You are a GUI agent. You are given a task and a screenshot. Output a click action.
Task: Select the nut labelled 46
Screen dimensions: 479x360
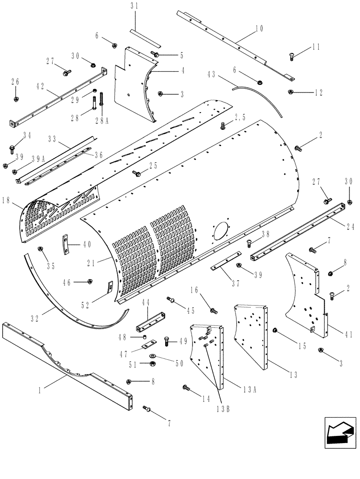(90, 282)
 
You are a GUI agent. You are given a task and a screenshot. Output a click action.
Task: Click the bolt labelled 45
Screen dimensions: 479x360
(171, 300)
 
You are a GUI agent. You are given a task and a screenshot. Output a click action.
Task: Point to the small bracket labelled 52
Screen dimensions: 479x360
(110, 286)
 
